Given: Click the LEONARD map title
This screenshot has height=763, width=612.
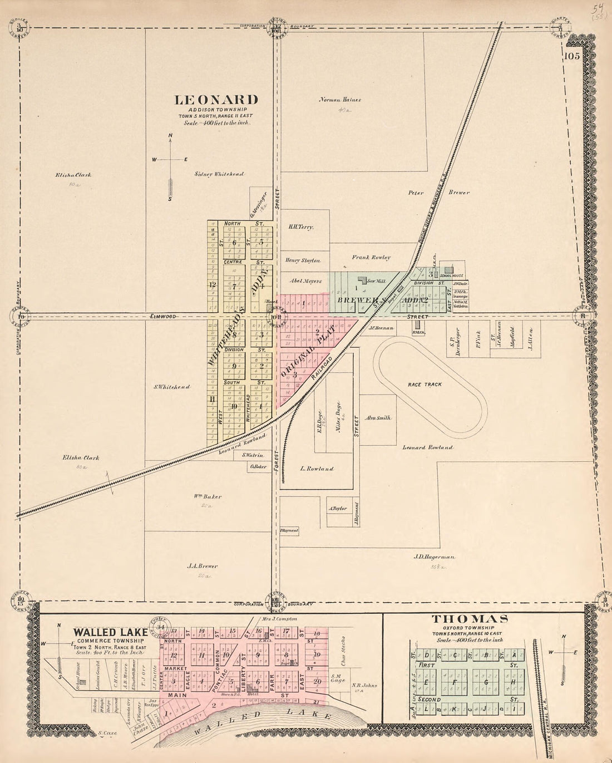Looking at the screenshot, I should [x=216, y=100].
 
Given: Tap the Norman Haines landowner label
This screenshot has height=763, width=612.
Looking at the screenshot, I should [x=340, y=100].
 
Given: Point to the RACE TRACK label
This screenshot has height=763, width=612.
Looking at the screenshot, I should [x=425, y=385].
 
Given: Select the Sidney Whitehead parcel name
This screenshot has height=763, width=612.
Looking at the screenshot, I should [x=219, y=174].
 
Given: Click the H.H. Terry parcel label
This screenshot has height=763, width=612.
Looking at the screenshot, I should [x=301, y=227].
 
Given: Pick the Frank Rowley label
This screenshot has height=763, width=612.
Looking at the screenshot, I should [x=371, y=258].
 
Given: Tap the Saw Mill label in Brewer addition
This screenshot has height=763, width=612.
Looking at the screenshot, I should [x=377, y=282].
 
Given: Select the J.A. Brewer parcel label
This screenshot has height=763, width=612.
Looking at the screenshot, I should [x=203, y=566].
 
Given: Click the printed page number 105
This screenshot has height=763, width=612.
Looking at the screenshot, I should [x=571, y=56].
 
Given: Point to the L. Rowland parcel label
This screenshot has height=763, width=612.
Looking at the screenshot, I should [x=317, y=469].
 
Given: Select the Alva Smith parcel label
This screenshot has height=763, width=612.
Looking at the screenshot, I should [x=378, y=418].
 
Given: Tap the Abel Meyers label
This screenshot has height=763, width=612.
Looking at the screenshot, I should [x=305, y=281].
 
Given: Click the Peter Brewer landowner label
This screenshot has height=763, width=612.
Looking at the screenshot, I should [x=438, y=193].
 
